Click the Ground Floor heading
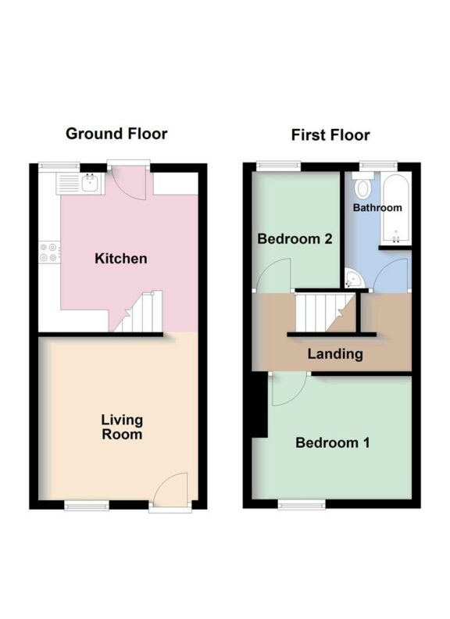tap(116, 134)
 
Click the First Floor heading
tap(330, 134)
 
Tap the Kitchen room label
tap(121, 259)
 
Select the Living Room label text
tap(122, 427)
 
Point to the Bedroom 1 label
tap(332, 443)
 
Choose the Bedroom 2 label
tap(295, 239)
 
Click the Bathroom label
tap(377, 208)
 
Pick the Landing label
tap(334, 354)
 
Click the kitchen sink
tap(89, 184)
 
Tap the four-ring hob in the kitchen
tap(48, 252)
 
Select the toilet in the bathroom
tap(362, 188)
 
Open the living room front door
tap(170, 492)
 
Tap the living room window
tap(86, 506)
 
